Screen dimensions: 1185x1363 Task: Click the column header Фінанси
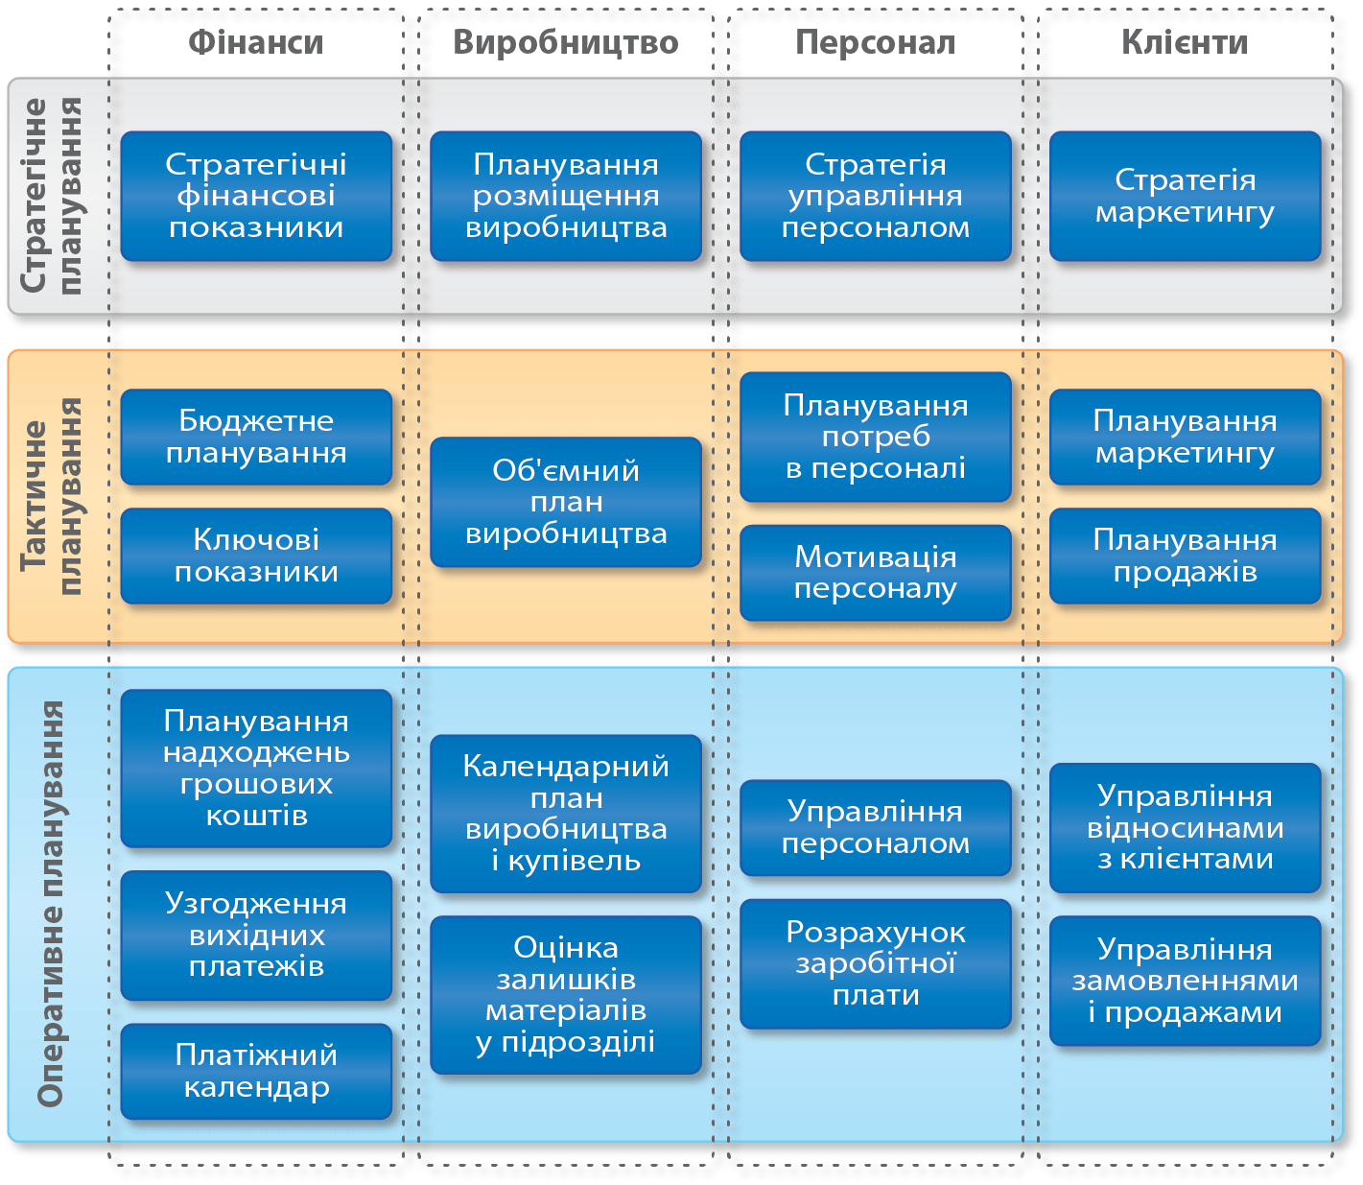tap(255, 43)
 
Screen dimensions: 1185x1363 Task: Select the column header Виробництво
tap(566, 43)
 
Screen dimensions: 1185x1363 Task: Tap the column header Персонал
tap(875, 43)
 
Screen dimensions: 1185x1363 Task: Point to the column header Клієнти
tap(1185, 43)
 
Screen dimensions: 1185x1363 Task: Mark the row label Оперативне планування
tap(50, 903)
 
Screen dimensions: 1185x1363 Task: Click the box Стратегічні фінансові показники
tap(256, 196)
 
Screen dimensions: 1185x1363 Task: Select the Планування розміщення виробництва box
tap(566, 196)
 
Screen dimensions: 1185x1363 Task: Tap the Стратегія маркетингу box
tap(1185, 196)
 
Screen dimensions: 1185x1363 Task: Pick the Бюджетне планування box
tap(256, 437)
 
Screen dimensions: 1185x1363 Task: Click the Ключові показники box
tap(256, 556)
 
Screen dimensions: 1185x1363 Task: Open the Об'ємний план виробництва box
tap(566, 502)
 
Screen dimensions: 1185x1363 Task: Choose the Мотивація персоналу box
tap(875, 573)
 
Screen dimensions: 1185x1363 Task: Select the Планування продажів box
tap(1185, 556)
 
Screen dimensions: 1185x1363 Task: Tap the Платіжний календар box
tap(256, 1071)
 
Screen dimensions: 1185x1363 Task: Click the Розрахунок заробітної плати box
tap(875, 963)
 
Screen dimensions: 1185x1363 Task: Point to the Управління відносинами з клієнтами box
tap(1185, 827)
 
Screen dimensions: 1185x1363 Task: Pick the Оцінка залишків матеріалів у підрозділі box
tap(566, 994)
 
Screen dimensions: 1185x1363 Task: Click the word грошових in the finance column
tap(256, 784)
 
